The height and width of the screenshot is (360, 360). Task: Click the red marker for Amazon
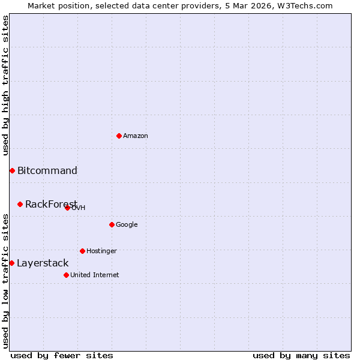[119, 136]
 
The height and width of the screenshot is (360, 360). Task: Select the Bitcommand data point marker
[12, 170]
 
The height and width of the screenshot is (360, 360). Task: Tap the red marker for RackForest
[20, 204]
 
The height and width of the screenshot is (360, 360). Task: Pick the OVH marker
[67, 208]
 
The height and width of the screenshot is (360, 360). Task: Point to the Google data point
[112, 224]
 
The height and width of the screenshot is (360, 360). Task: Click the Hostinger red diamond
[82, 251]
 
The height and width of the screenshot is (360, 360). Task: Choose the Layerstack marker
[11, 263]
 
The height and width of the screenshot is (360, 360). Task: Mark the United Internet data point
[66, 275]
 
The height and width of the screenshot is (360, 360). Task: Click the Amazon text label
[136, 136]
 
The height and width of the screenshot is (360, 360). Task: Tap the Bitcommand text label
[47, 170]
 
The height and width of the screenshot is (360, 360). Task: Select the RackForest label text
[51, 204]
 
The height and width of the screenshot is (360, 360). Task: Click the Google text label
[127, 224]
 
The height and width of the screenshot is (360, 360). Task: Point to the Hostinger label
[101, 251]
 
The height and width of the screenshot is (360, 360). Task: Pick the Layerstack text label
[43, 263]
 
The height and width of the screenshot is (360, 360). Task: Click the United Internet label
[95, 275]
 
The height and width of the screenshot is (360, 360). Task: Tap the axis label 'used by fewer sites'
[62, 355]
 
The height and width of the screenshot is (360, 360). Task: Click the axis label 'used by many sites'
[301, 355]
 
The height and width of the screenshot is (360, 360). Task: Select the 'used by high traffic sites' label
[5, 85]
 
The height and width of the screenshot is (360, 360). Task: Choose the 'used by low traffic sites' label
[5, 281]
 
